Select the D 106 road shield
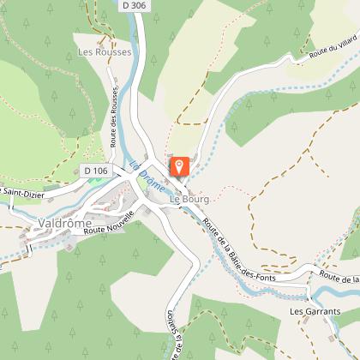(96, 171)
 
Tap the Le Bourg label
(189, 200)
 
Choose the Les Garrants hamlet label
(315, 311)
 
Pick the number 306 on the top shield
(141, 6)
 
